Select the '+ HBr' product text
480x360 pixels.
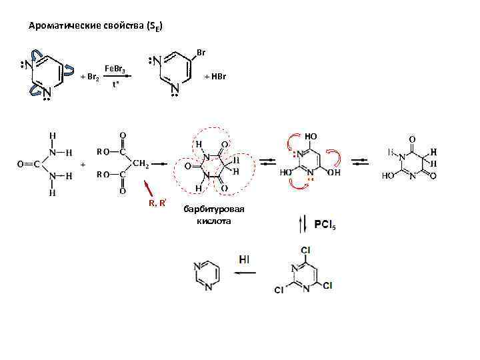point(215,77)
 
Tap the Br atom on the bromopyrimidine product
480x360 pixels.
point(201,52)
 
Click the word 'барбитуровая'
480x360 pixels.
point(214,210)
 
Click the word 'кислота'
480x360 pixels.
point(213,221)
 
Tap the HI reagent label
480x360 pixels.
point(244,257)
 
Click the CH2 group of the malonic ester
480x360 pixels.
point(141,163)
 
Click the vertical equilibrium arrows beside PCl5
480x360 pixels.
point(305,224)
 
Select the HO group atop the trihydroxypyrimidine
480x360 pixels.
point(311,136)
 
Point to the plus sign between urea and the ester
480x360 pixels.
point(83,163)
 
